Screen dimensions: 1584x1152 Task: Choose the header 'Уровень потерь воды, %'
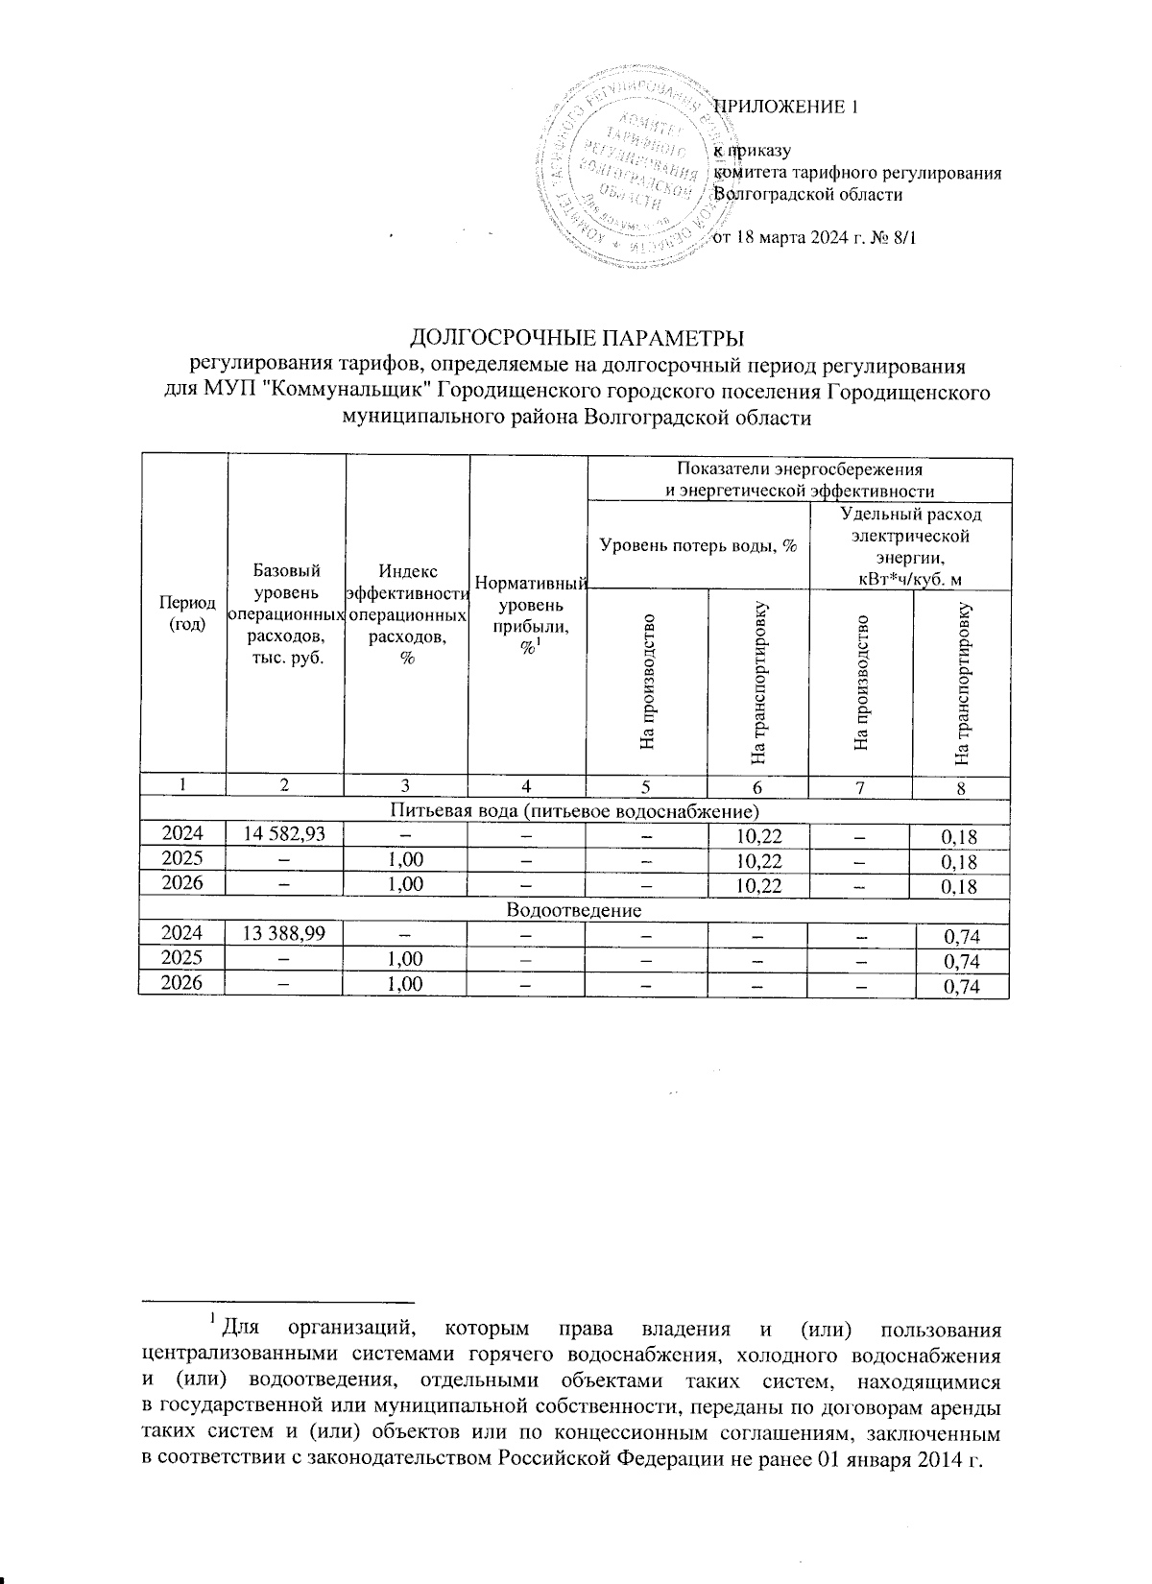click(x=698, y=545)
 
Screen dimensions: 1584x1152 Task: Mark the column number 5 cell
click(x=646, y=786)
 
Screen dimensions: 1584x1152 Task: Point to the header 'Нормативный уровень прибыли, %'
click(x=528, y=614)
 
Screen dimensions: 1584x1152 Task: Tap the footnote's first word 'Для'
click(x=235, y=1331)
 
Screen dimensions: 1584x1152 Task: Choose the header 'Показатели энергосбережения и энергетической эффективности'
click(x=800, y=478)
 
